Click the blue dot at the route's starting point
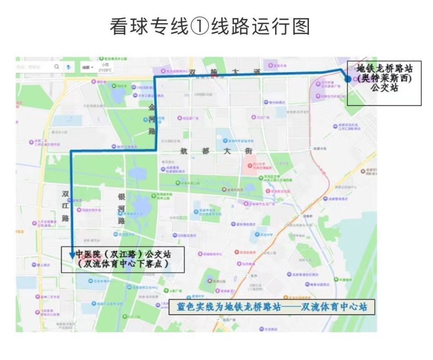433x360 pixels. coord(348,78)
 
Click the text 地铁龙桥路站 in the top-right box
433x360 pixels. coord(384,69)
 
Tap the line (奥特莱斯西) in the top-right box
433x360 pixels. coord(384,78)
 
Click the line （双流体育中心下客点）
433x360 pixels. coord(123,264)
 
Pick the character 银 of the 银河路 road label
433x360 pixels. coord(121,197)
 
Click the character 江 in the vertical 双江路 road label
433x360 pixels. coord(65,205)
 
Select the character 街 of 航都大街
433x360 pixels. coord(249,151)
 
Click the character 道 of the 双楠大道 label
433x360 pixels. coord(257,72)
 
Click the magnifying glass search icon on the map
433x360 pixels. coord(56,67)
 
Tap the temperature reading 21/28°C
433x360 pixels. coord(105,70)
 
